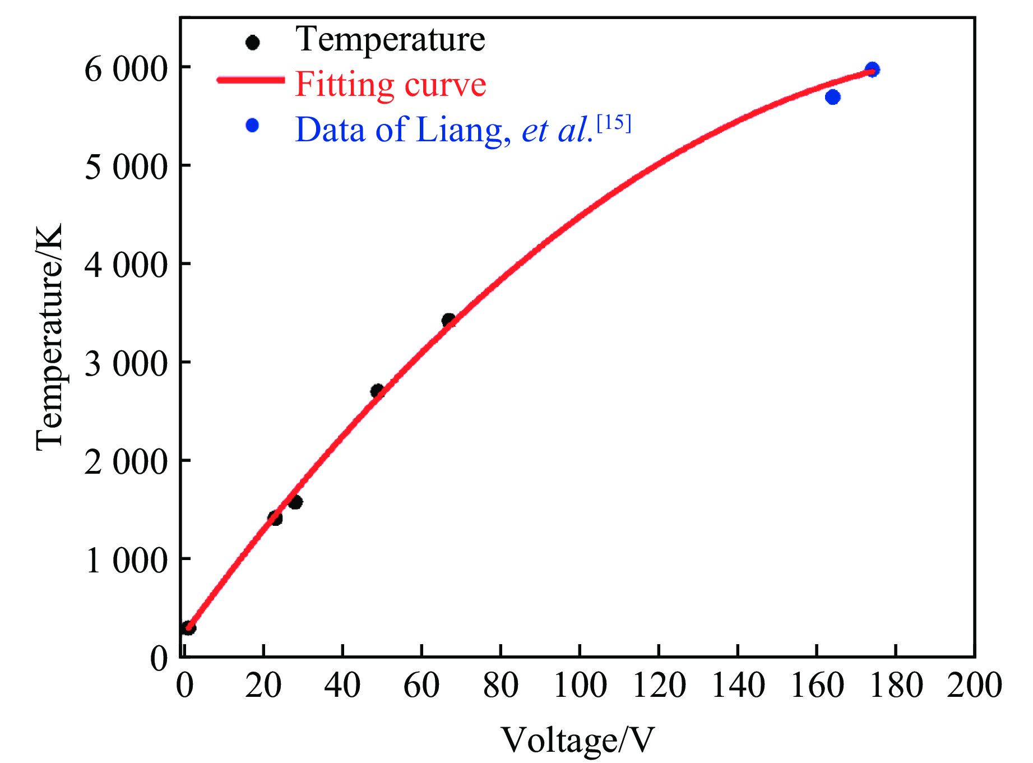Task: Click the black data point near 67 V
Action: (x=448, y=321)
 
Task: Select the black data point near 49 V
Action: (x=377, y=391)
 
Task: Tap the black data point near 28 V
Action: (x=295, y=502)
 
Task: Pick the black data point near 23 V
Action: (x=275, y=518)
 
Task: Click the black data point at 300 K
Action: (x=189, y=628)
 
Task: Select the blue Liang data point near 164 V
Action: (x=833, y=97)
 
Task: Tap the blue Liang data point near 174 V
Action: (x=872, y=70)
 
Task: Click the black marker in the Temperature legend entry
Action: (x=253, y=43)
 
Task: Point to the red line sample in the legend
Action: (x=251, y=80)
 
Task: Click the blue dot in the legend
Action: (x=252, y=126)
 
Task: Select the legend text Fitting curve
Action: (x=391, y=85)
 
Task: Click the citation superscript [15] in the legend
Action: (x=614, y=123)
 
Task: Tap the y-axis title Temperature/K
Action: (x=49, y=336)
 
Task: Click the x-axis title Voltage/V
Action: (x=577, y=739)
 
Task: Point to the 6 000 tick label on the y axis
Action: (x=126, y=70)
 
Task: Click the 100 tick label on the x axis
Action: (x=580, y=685)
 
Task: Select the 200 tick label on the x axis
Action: (x=974, y=685)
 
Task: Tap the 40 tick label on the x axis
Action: (x=342, y=685)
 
